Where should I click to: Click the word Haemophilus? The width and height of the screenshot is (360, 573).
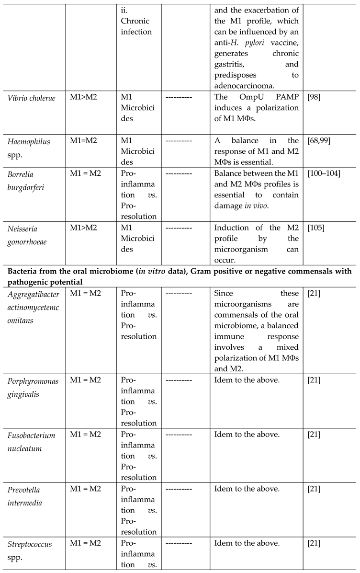point(28,141)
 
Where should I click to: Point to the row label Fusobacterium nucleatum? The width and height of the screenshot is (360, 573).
point(30,441)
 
